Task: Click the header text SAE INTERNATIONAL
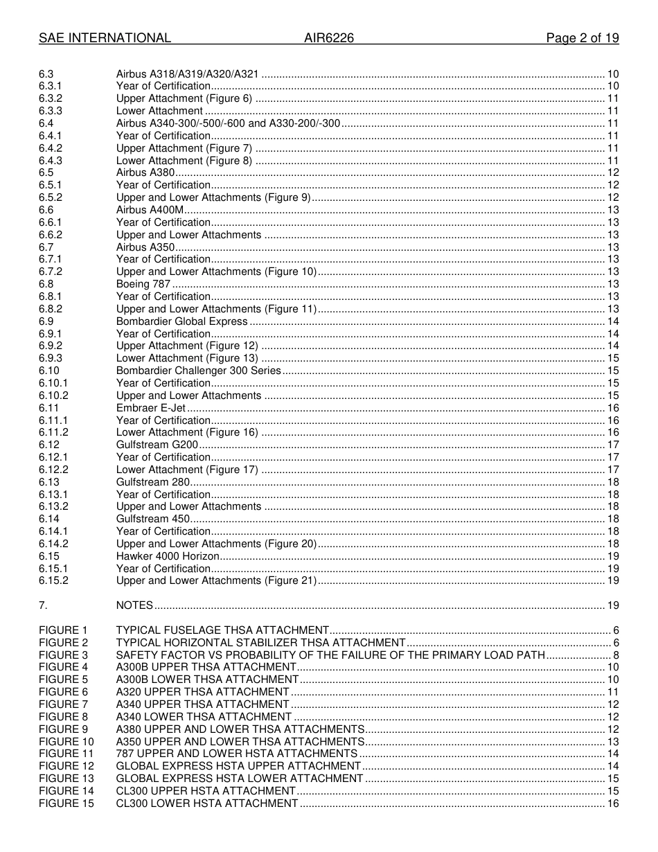105,39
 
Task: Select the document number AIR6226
329,39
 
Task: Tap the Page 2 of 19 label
583,39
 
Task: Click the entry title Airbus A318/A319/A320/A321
188,74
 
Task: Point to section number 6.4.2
51,148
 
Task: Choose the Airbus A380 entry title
145,172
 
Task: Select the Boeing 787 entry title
143,284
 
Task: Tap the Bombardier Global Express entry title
181,321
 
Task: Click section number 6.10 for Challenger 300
49,371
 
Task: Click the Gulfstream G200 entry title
157,445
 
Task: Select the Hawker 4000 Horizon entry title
168,556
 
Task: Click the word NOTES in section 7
134,605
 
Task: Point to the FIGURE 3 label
64,655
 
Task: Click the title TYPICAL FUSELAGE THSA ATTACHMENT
222,630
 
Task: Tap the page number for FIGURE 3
616,655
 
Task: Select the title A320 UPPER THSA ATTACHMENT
202,692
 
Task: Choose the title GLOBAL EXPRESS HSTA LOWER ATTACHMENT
240,779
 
